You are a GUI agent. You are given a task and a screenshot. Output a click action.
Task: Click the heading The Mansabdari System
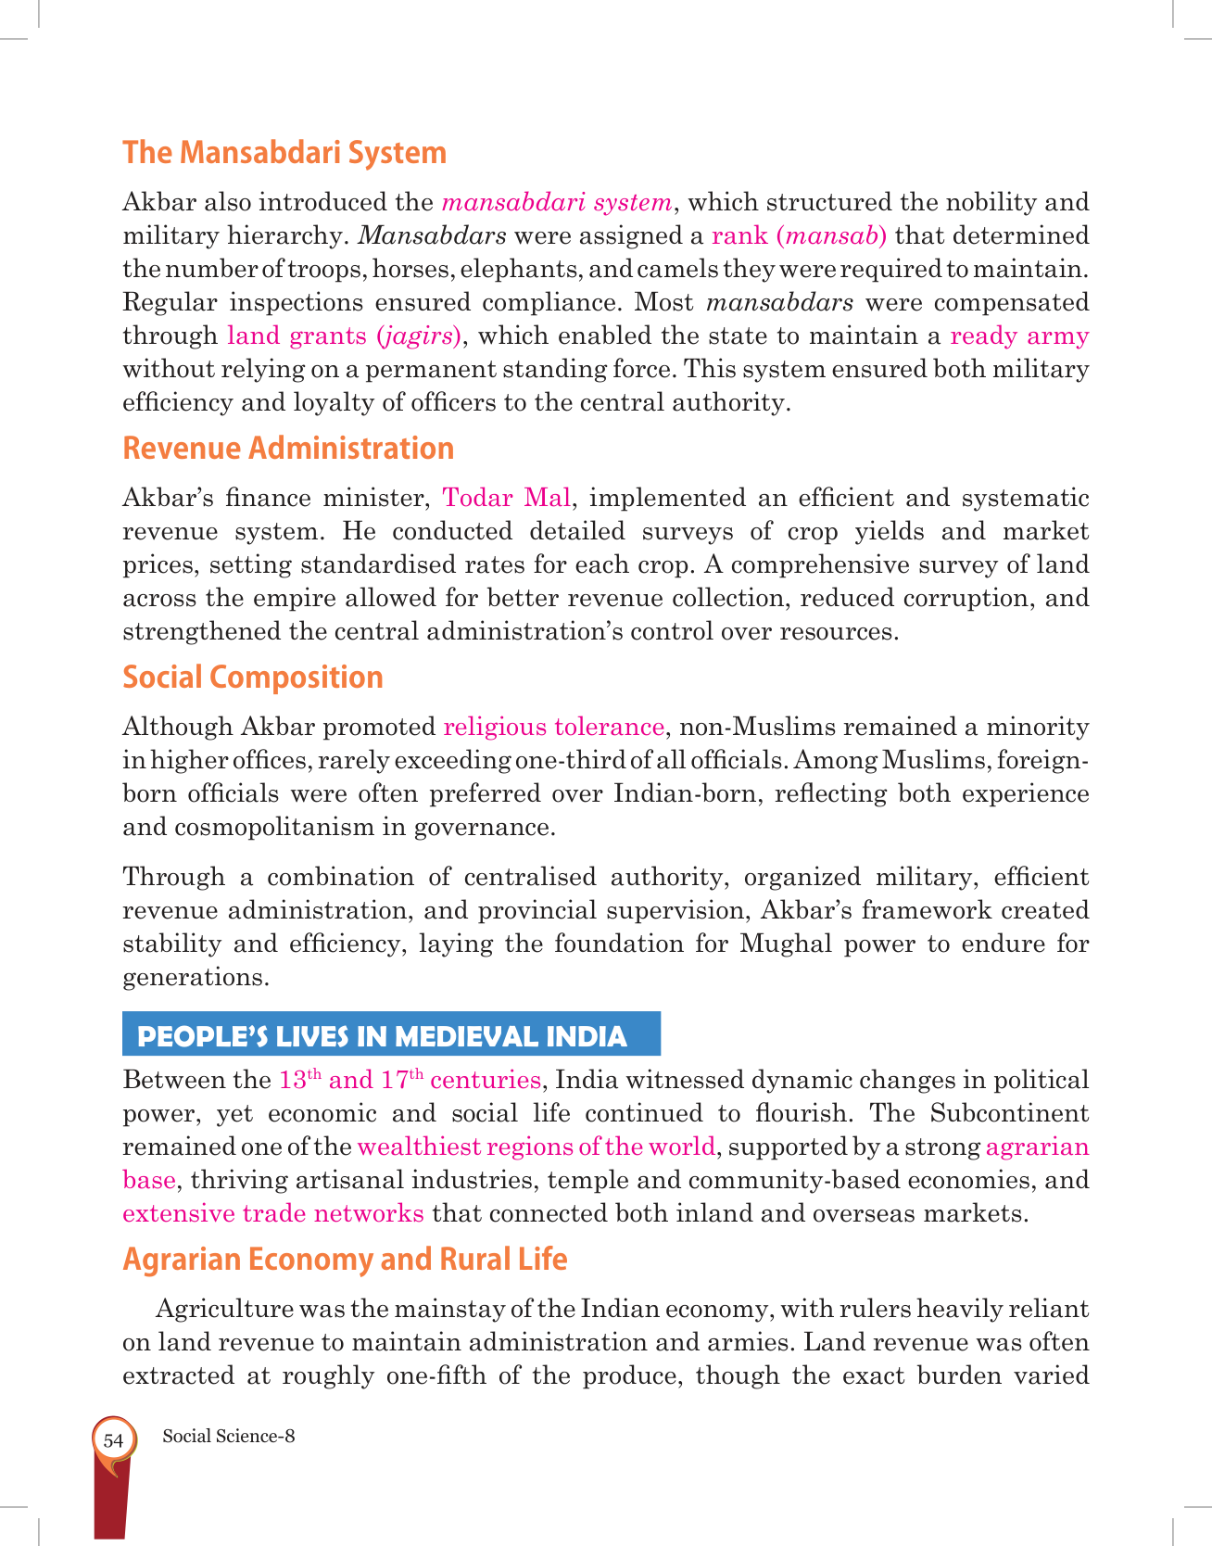284,152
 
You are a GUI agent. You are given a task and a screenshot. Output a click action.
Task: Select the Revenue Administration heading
288,449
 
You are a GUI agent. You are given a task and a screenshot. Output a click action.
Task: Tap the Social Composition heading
253,678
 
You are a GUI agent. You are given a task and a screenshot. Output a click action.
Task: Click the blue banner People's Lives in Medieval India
390,1035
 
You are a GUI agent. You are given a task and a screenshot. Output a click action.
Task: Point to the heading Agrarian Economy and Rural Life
345,1260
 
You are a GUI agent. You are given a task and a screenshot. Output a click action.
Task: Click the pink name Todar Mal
506,499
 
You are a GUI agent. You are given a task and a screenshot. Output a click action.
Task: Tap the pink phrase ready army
1019,336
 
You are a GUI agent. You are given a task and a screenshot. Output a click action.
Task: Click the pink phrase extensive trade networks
273,1213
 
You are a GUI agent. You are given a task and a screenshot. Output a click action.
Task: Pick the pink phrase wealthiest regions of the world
536,1147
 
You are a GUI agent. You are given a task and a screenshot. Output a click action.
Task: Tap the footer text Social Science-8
229,1437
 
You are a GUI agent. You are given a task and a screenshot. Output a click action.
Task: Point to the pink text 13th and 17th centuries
410,1080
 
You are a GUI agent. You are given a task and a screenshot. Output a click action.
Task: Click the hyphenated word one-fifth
436,1375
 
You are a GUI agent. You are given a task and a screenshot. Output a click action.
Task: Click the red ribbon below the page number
110,1502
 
